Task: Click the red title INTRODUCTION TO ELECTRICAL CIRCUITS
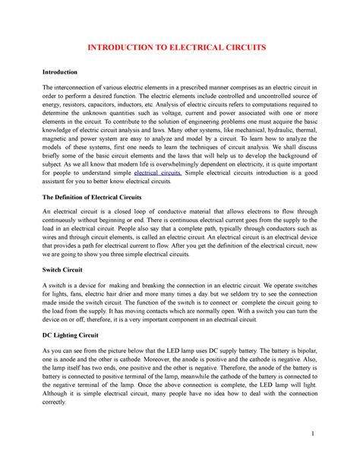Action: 179,47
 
